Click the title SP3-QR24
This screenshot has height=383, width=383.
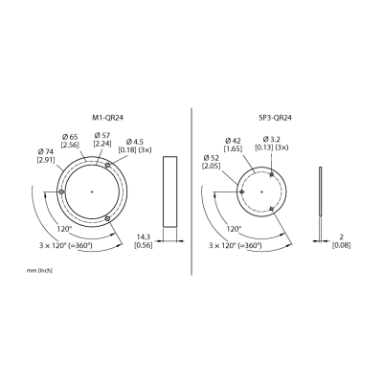pos(275,118)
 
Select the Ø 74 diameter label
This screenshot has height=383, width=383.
pos(46,151)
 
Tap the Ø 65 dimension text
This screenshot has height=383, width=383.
pos(69,137)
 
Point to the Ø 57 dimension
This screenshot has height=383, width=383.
pos(102,137)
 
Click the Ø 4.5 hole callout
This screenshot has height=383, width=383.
pos(135,141)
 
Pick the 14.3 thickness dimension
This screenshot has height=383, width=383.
pos(144,237)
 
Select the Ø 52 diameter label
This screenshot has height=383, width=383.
pos(212,158)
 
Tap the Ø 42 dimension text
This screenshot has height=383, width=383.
pos(234,141)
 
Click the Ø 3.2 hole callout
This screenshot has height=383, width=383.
pos(271,140)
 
